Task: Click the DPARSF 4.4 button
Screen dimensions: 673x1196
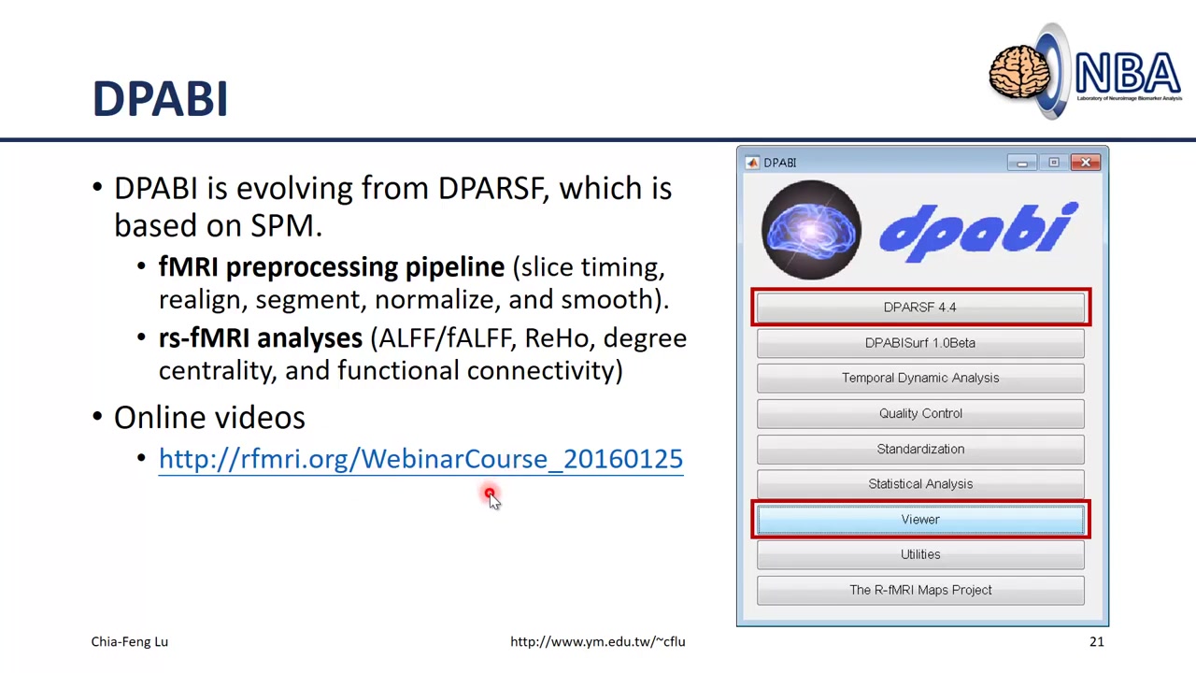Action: pos(920,308)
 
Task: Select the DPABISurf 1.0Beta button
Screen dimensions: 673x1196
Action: pos(920,343)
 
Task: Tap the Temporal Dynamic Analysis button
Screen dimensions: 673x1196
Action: pos(920,378)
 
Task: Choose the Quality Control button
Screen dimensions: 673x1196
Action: pos(920,413)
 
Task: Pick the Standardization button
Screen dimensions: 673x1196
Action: pos(920,449)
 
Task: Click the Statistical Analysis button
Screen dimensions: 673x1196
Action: pos(920,484)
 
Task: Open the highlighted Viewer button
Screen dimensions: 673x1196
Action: pos(920,520)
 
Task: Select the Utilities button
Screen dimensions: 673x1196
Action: pos(920,554)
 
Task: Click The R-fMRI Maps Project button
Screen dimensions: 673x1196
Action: pos(920,590)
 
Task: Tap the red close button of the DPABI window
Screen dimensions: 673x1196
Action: pos(1086,163)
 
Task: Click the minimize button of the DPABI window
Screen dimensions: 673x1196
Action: pos(1022,163)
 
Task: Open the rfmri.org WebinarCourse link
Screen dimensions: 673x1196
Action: pos(420,459)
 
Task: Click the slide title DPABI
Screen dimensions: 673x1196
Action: pos(160,99)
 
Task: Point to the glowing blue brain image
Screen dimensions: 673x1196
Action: pos(811,230)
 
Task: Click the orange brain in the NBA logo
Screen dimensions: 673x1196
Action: pos(1019,74)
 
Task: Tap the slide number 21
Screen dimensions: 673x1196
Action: pos(1096,641)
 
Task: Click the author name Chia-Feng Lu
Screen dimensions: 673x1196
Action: pos(130,641)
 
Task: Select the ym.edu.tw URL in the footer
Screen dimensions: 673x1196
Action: pos(597,641)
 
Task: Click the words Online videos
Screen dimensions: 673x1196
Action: pos(209,418)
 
